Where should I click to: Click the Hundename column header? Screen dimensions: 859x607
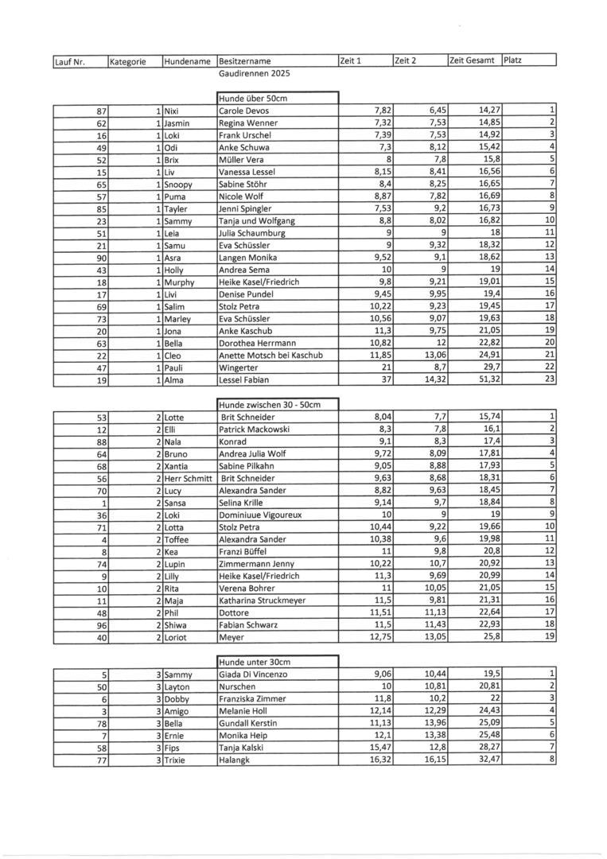pyautogui.click(x=188, y=61)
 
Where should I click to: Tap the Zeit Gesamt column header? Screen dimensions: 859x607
pyautogui.click(x=473, y=60)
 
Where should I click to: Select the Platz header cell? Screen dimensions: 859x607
pyautogui.click(x=513, y=60)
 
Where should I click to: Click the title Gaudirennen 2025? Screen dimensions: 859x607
pyautogui.click(x=255, y=73)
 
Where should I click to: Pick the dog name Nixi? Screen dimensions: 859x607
pyautogui.click(x=172, y=111)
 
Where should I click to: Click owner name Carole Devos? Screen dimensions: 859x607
pyautogui.click(x=243, y=111)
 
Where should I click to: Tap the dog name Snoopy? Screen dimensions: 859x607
pyautogui.click(x=178, y=184)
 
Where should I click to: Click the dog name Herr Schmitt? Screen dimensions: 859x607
pyautogui.click(x=189, y=478)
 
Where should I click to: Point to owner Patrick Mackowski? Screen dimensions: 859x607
pyautogui.click(x=254, y=429)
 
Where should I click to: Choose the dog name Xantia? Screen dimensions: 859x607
pyautogui.click(x=177, y=465)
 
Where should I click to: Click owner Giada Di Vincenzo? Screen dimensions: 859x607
pyautogui.click(x=253, y=674)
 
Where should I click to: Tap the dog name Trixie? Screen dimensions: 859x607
pyautogui.click(x=176, y=760)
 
